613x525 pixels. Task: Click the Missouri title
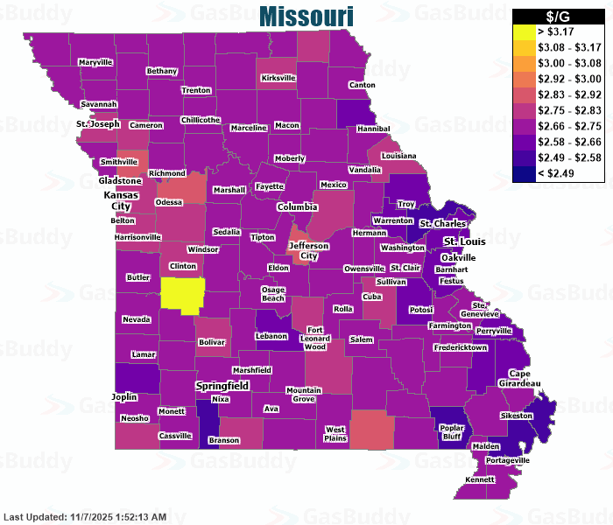point(306,17)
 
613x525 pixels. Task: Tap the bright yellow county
point(183,294)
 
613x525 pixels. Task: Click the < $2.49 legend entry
point(558,172)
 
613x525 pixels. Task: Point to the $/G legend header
point(558,17)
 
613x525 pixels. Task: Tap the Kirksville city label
point(278,78)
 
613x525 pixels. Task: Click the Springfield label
point(222,385)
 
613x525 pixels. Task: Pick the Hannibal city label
point(374,129)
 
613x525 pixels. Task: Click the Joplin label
point(124,396)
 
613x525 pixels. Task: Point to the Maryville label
point(95,63)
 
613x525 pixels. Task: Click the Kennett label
point(480,480)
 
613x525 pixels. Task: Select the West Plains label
point(335,433)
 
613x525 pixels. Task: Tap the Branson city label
point(224,440)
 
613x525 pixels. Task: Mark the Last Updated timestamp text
point(85,517)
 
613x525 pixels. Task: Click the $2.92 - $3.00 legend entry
point(558,79)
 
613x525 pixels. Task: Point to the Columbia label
point(298,206)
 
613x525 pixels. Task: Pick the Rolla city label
point(343,308)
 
